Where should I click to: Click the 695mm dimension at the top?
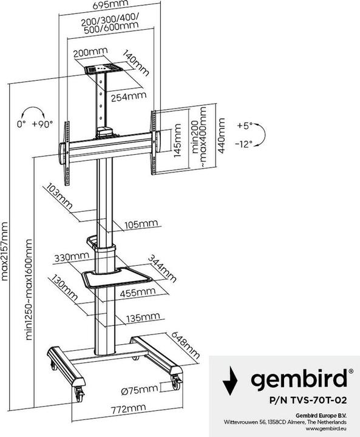(106, 6)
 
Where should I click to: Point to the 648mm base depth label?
(187, 345)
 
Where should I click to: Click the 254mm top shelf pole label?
(127, 95)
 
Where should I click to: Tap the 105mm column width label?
(139, 225)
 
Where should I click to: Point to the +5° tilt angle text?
(244, 126)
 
